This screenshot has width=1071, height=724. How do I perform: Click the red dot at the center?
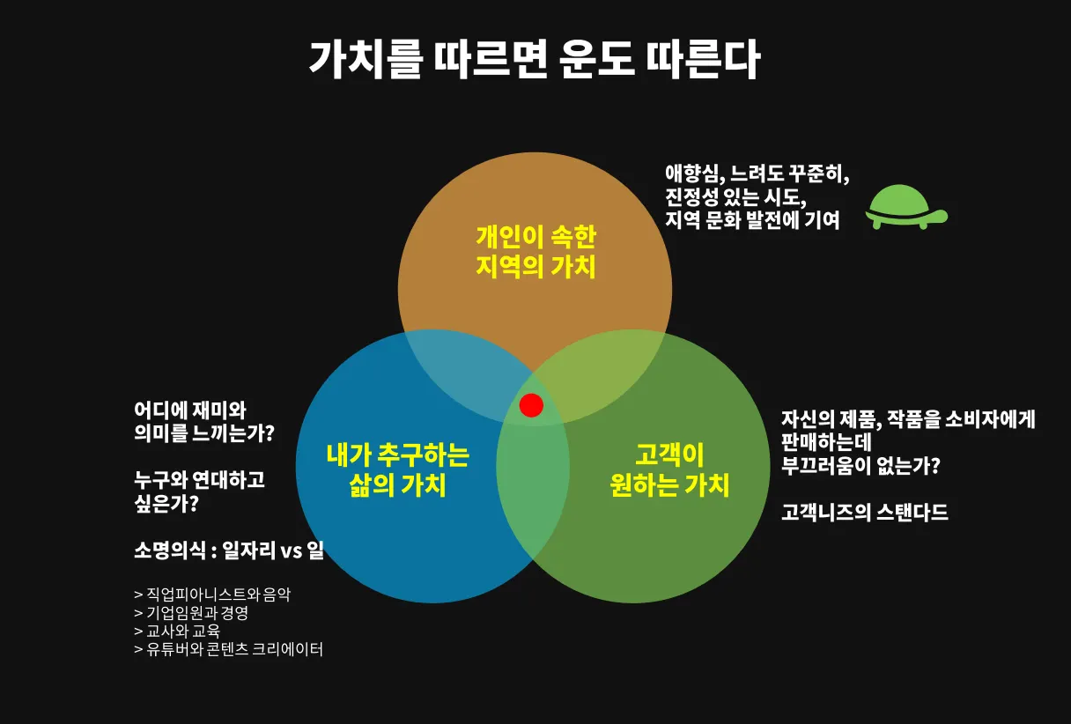[x=531, y=404]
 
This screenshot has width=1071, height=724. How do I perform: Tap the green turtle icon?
[x=903, y=207]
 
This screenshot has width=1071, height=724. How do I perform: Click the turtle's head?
[x=939, y=214]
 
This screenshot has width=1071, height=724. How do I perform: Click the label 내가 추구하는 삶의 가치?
[x=397, y=469]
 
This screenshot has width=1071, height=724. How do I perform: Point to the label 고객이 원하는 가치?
[x=669, y=469]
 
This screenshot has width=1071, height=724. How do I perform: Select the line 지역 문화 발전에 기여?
[x=752, y=219]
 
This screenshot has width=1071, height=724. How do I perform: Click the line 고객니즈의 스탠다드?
[x=864, y=512]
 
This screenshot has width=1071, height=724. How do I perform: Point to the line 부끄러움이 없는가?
[x=860, y=464]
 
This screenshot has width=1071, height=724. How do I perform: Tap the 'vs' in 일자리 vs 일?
[x=292, y=551]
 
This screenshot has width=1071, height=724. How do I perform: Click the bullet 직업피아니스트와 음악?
[x=212, y=595]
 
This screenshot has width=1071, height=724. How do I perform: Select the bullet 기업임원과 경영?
[x=191, y=613]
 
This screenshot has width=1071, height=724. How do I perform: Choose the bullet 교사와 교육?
[x=177, y=632]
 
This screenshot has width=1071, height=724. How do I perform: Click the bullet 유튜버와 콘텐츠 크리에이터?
[x=229, y=650]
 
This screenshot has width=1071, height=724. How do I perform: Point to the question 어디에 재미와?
[x=190, y=410]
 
